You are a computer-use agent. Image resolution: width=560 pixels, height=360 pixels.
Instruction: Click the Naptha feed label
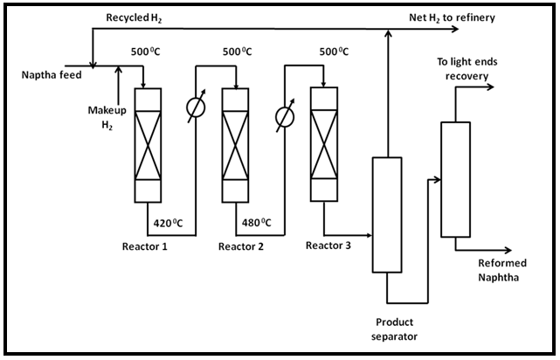52,75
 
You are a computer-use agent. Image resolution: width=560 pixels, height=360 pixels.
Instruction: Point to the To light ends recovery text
469,68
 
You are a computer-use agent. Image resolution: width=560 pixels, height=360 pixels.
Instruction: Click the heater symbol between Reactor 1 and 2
194,111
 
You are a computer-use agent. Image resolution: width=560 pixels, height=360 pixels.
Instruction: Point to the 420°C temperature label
168,222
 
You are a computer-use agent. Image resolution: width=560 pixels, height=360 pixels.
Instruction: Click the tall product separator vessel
385,215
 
